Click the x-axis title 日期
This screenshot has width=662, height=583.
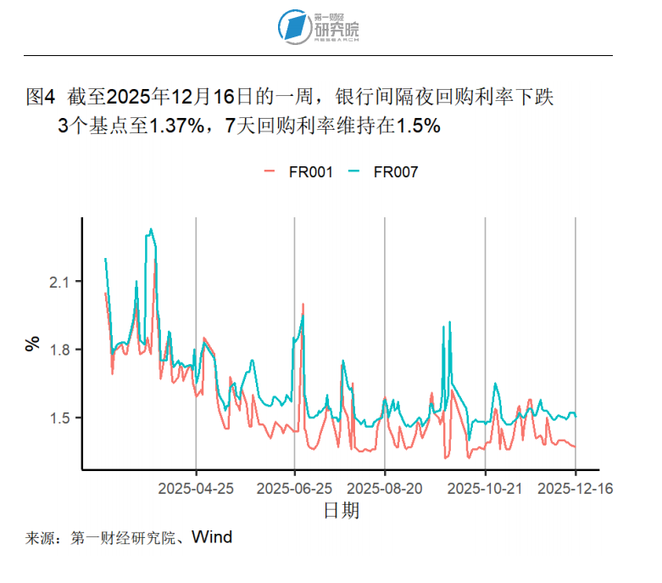[342, 510]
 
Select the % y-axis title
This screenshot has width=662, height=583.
[33, 344]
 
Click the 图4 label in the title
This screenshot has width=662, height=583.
[41, 97]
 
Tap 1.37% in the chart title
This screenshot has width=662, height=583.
[177, 126]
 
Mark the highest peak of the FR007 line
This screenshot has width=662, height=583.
[151, 229]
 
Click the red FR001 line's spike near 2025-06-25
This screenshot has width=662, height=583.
[303, 304]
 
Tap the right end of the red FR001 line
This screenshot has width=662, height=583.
[576, 446]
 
